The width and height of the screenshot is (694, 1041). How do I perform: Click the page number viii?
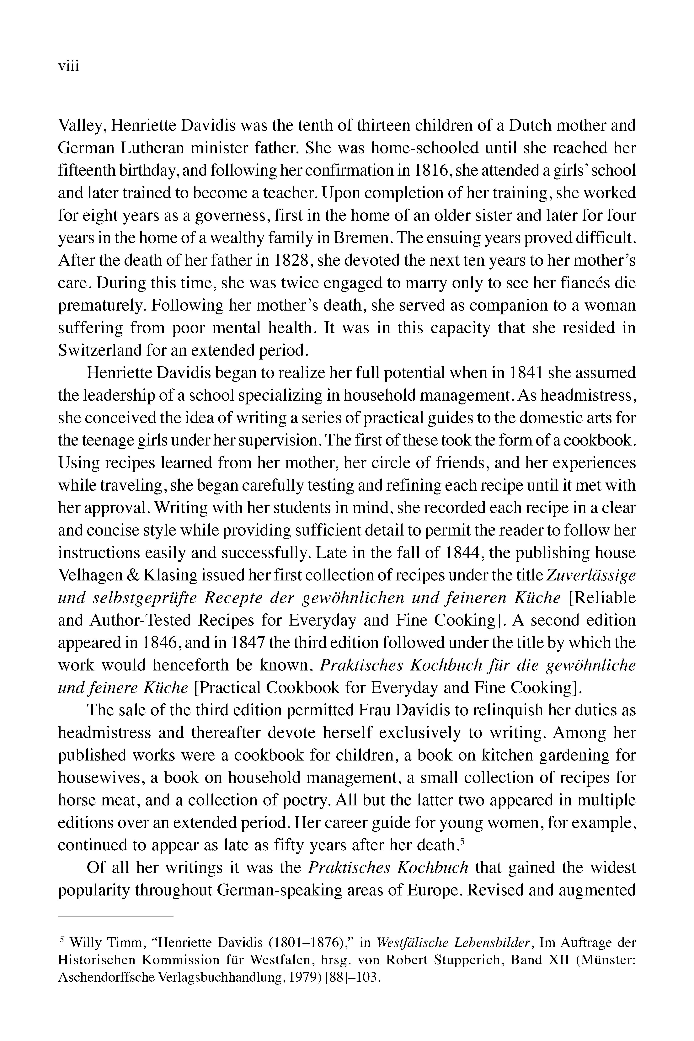click(69, 66)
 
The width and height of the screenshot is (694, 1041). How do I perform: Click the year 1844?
click(461, 553)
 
